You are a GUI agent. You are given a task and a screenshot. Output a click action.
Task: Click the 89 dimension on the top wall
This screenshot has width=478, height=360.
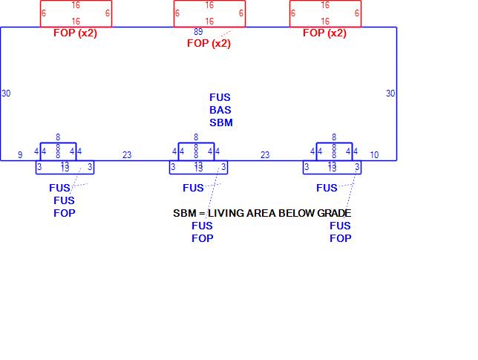click(198, 32)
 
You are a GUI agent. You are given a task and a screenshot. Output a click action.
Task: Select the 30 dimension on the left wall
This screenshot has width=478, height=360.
click(7, 94)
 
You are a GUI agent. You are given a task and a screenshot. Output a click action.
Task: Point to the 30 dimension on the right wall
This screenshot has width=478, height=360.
click(390, 94)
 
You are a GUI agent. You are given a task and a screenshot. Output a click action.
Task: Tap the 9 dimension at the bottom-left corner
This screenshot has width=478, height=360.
click(21, 155)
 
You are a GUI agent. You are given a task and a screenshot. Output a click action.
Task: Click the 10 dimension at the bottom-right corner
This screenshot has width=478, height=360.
click(374, 155)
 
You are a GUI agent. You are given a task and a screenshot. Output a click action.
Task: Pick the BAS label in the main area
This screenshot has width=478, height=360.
click(220, 110)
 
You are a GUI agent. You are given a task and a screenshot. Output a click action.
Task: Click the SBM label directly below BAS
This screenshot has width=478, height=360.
click(220, 122)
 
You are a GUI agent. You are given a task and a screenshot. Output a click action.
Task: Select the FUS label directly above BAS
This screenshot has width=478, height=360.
click(220, 97)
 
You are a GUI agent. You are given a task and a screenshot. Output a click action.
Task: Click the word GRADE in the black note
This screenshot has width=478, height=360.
click(335, 213)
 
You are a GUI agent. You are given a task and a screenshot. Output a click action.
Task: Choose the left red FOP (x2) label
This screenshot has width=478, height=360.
click(75, 33)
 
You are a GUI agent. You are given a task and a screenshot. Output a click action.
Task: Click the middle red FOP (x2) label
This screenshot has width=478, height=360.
click(209, 43)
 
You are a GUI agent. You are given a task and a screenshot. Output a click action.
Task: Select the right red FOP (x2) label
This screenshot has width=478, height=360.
click(324, 33)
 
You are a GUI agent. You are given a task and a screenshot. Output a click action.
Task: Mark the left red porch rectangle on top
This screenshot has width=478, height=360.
click(76, 13)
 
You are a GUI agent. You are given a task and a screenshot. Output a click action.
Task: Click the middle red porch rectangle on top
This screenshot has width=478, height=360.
click(209, 13)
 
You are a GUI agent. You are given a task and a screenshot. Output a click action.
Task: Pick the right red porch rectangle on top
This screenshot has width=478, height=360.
click(325, 13)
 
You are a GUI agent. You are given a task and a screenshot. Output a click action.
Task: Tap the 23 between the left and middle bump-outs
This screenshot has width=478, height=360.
click(127, 155)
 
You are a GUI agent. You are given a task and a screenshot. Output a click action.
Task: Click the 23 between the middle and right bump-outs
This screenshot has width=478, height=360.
click(265, 155)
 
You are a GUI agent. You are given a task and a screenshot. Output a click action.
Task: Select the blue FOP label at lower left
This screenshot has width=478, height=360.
click(65, 213)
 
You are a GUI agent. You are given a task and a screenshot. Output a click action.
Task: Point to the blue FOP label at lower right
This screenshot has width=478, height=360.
click(341, 238)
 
